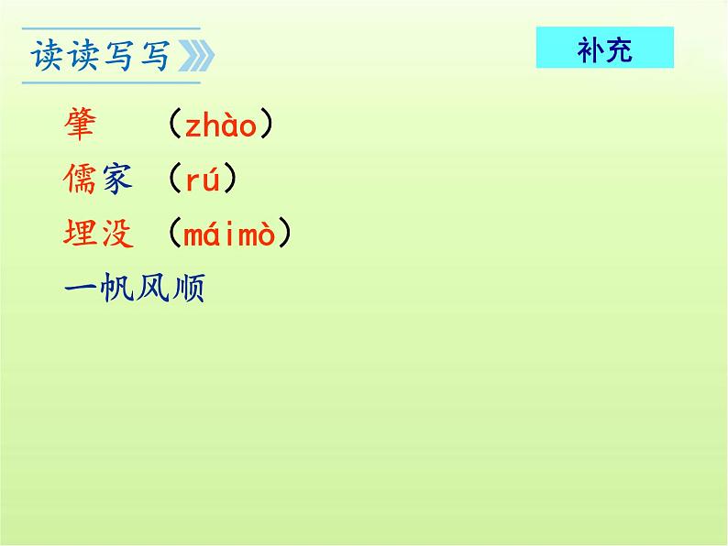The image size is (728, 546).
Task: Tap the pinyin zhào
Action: pos(221,126)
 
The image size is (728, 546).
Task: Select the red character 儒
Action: pos(81,180)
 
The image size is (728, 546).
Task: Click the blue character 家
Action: pos(116,180)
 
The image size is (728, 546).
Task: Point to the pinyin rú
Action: pos(203,180)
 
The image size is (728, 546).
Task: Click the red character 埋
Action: pos(81,235)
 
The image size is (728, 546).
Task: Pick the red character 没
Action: pos(116,235)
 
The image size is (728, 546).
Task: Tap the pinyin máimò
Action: pos(229,235)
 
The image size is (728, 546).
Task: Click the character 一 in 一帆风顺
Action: pos(81,289)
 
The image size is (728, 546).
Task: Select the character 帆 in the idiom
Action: pos(116,289)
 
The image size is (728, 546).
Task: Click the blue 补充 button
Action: pos(604,48)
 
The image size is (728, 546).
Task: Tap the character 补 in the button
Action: pos(590,49)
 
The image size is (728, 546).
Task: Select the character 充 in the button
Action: pos(619,49)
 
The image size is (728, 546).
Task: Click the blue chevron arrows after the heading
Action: pos(194,57)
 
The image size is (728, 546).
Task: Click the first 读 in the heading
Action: pos(48,56)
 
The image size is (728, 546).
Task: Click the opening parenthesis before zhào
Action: pos(173,126)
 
